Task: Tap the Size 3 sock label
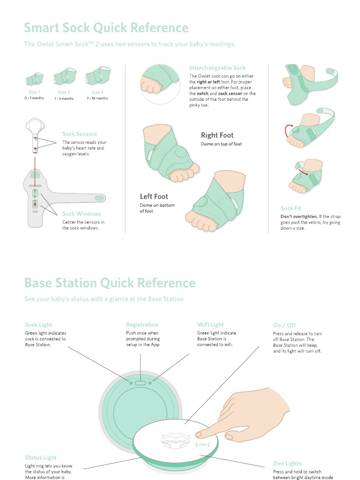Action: [97, 92]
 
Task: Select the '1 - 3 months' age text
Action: [64, 98]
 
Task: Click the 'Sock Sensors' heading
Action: [80, 134]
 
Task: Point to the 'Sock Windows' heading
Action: [82, 214]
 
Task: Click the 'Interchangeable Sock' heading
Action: [217, 68]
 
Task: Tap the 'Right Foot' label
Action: [217, 135]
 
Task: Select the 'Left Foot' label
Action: [154, 197]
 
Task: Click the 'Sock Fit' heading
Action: [291, 208]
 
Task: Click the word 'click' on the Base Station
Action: [202, 444]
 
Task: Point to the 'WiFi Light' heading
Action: [210, 324]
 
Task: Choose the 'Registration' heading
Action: [142, 324]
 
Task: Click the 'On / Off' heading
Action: [284, 325]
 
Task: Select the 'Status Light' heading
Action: [41, 457]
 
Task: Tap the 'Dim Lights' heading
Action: [287, 464]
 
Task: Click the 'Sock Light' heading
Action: [38, 324]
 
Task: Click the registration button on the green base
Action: [141, 383]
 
